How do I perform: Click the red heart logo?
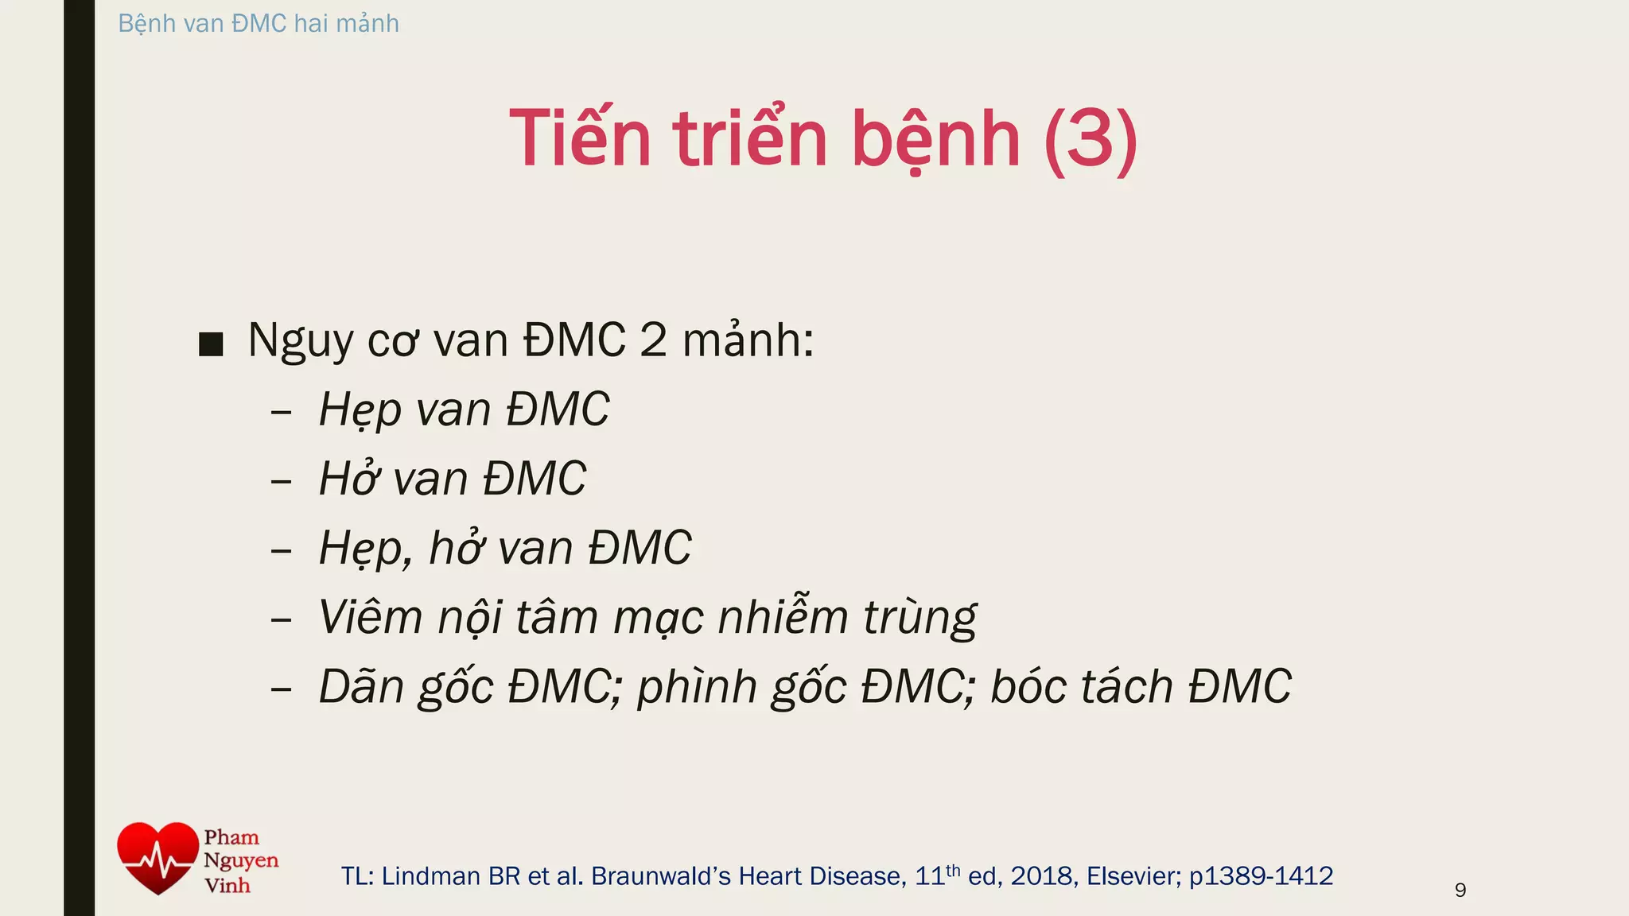(157, 858)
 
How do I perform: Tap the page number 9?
(1460, 890)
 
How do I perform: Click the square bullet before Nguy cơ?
(211, 343)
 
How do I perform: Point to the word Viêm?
(370, 617)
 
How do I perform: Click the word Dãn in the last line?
(362, 686)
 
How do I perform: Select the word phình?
(697, 688)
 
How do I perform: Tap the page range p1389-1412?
(1261, 875)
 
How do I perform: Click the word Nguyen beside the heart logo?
(241, 860)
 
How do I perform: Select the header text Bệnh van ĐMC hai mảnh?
(259, 23)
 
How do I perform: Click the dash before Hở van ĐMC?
(281, 481)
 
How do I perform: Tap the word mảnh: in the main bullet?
(748, 340)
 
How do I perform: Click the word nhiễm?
(783, 617)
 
